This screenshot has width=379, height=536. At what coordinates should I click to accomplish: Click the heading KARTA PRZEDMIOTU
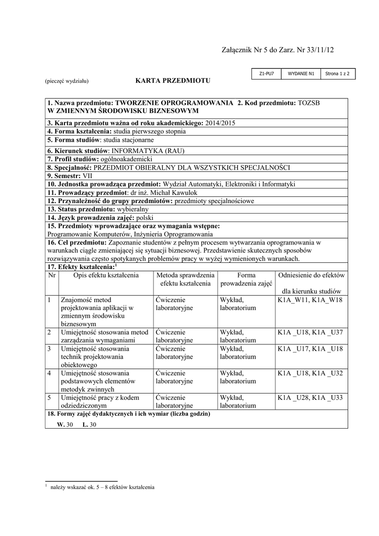pyautogui.click(x=173, y=81)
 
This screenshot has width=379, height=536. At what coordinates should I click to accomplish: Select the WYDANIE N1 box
pyautogui.click(x=301, y=74)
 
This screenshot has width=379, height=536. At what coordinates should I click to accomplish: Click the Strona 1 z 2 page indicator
pyautogui.click(x=337, y=74)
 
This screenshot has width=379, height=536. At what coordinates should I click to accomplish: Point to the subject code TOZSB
pyautogui.click(x=308, y=103)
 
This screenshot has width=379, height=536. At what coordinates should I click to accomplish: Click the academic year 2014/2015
pyautogui.click(x=220, y=122)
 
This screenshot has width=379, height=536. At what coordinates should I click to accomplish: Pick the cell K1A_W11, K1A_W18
pyautogui.click(x=309, y=299)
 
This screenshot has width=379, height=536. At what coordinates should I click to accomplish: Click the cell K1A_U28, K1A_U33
pyautogui.click(x=309, y=397)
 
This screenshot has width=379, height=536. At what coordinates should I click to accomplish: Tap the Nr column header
pyautogui.click(x=52, y=275)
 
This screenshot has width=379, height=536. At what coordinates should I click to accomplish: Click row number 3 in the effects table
pyautogui.click(x=49, y=348)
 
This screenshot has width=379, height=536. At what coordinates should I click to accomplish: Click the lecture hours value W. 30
pyautogui.click(x=65, y=425)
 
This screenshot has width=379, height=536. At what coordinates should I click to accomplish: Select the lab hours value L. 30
pyautogui.click(x=90, y=425)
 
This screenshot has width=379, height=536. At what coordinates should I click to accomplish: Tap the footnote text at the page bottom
pyautogui.click(x=102, y=487)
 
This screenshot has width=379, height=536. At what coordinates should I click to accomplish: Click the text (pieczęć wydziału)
pyautogui.click(x=66, y=81)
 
